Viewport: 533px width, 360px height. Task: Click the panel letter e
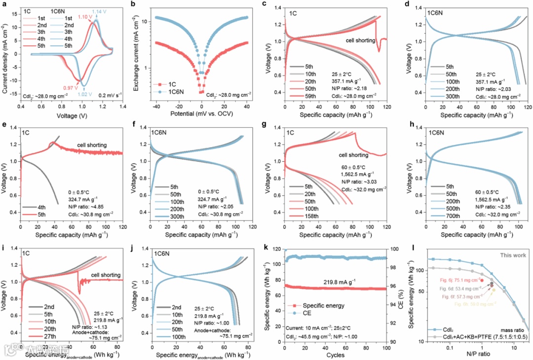coord(4,123)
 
